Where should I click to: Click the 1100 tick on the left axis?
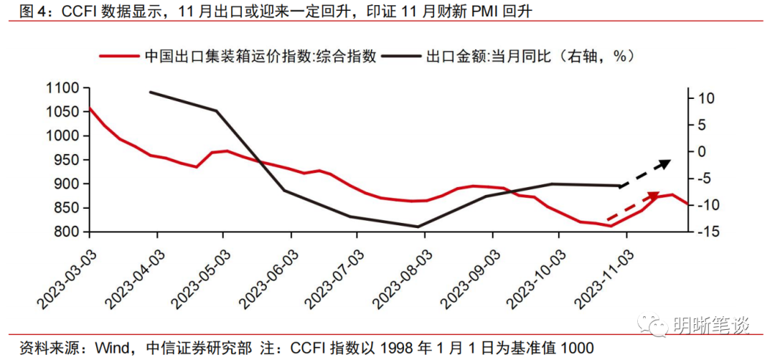[65, 88]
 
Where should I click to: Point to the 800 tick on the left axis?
[68, 232]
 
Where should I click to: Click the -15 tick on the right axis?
[700, 232]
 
